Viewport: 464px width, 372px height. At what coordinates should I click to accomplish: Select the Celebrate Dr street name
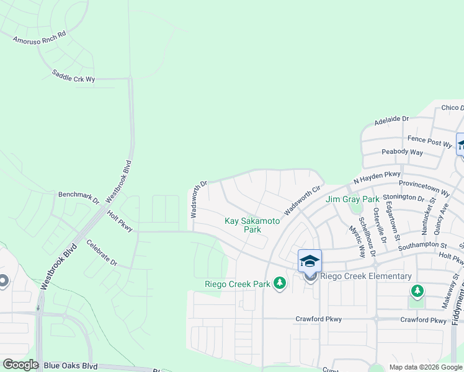102,253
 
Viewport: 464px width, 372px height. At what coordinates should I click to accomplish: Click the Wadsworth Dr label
199,200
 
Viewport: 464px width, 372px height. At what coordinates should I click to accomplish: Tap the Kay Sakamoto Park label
252,225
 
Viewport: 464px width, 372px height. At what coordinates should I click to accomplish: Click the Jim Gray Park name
352,200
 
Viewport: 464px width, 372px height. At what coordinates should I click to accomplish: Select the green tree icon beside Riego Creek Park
280,284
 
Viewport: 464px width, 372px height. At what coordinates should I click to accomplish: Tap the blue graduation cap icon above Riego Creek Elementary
310,260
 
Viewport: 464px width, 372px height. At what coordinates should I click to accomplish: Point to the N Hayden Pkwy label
377,177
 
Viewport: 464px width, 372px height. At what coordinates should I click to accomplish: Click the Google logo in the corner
20,365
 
